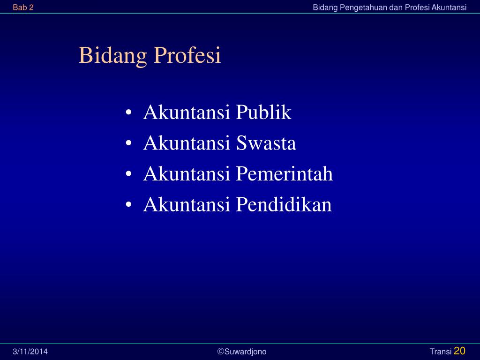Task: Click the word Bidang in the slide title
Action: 112,55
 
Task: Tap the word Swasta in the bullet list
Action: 266,143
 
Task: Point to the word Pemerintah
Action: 284,173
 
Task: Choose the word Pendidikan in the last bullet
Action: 284,204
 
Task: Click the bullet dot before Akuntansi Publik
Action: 128,112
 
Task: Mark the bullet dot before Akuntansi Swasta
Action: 128,143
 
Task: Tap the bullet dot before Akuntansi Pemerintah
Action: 128,173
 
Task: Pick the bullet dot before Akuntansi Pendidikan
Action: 128,204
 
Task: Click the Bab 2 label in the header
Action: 23,7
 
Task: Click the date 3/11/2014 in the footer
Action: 30,352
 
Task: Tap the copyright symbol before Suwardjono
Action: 221,352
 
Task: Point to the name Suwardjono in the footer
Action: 246,352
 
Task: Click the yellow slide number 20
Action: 459,351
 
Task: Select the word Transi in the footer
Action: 441,352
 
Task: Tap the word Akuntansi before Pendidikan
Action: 187,204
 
